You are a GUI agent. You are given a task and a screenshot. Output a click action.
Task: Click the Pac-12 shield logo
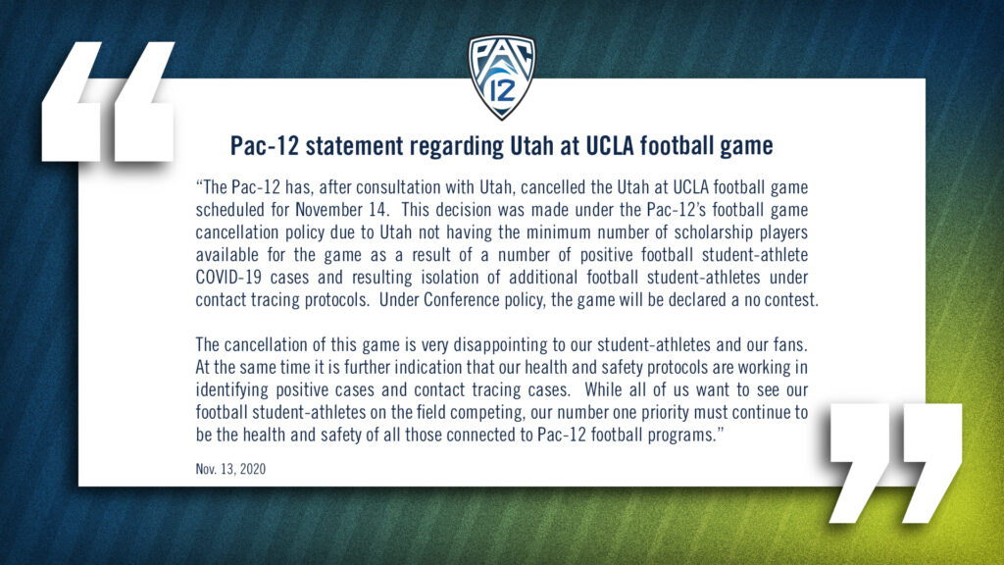[501, 77]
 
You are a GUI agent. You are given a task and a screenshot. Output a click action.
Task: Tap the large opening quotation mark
[108, 101]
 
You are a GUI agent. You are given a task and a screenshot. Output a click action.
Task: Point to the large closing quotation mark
[896, 463]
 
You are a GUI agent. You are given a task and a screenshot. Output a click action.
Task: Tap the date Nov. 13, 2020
[230, 469]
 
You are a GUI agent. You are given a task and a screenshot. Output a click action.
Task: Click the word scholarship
[714, 231]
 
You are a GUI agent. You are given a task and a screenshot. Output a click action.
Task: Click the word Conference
[462, 300]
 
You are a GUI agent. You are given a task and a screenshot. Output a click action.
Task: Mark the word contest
[792, 300]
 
